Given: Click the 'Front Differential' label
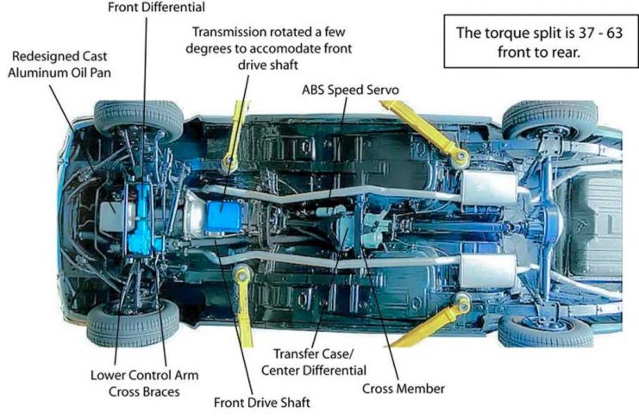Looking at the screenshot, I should (156, 8).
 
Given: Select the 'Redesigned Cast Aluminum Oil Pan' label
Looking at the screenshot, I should (60, 65).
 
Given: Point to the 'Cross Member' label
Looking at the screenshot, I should (404, 388).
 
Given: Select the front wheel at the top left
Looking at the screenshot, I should (137, 118).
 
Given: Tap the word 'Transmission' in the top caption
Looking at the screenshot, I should (233, 33).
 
